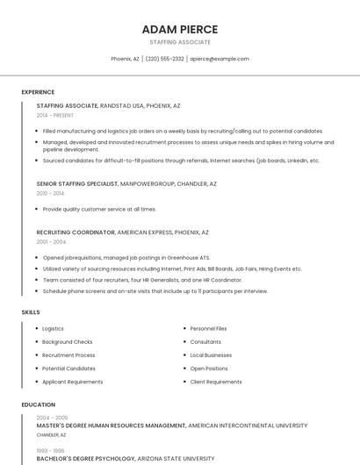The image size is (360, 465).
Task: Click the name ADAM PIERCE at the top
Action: (180, 29)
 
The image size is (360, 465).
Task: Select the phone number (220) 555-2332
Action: (165, 59)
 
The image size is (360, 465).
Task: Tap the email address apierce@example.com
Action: (220, 59)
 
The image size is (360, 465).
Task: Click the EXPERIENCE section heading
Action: (38, 92)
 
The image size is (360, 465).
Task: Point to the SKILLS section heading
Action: (31, 312)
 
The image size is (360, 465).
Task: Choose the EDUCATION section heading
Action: (38, 404)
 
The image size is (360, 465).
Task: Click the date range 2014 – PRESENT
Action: (55, 115)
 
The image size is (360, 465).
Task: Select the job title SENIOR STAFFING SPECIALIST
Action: (77, 184)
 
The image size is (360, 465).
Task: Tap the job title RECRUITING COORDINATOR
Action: (76, 232)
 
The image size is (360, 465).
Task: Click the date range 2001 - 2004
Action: (51, 241)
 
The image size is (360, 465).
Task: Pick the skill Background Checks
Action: (67, 341)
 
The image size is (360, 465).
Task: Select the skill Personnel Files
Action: (208, 328)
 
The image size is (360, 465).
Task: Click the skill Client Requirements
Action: (216, 382)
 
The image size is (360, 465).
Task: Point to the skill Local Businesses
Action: (211, 355)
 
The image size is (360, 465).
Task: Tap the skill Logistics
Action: (53, 328)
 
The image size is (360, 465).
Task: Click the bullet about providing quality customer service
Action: (99, 210)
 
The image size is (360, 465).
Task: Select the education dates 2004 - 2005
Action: (52, 418)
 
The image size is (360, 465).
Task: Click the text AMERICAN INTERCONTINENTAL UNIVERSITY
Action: (248, 426)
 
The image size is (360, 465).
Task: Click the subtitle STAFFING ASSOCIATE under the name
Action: (180, 42)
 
